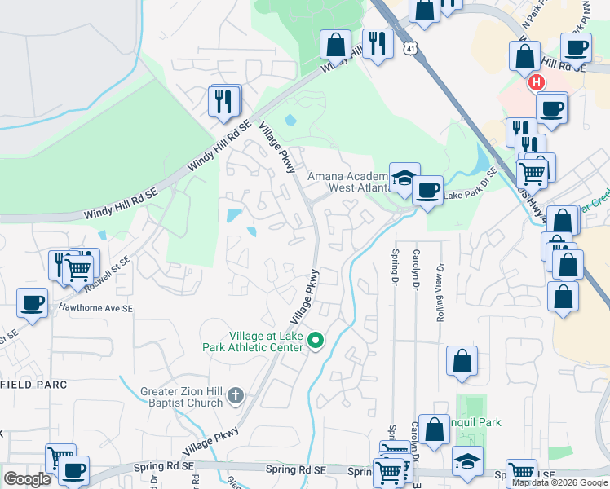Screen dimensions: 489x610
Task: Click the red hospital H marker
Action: (536, 82)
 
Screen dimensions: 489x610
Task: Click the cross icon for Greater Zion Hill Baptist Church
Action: (235, 396)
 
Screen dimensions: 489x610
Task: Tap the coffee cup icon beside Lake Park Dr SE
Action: (427, 191)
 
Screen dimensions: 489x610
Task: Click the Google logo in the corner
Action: (27, 479)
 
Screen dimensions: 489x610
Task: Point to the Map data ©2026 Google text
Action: (559, 482)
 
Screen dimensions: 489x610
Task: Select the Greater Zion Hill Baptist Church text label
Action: (182, 396)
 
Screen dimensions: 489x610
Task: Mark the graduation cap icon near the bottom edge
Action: (467, 461)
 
